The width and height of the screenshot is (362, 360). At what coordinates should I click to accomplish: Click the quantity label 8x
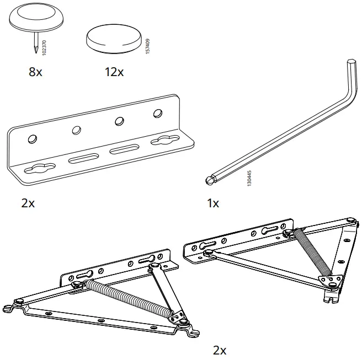[35, 73]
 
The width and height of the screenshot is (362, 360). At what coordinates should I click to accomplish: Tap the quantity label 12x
[114, 73]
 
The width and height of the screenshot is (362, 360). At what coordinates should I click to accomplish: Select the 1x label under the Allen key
[212, 203]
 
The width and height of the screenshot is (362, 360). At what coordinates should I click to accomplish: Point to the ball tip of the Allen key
[209, 179]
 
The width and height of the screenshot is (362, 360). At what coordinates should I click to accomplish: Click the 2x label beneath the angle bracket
[28, 203]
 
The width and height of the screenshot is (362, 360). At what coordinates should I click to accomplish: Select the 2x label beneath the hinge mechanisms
[219, 350]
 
